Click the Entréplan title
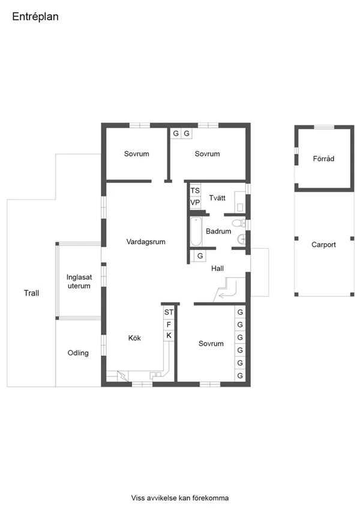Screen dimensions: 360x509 (x=35, y=17)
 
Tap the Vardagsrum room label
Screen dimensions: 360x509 (x=146, y=242)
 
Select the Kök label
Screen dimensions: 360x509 (x=134, y=338)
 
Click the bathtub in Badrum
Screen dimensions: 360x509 (x=196, y=231)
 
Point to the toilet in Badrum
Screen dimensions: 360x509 (x=238, y=223)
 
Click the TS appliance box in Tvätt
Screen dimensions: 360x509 (x=195, y=191)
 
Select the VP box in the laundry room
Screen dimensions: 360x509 (x=195, y=203)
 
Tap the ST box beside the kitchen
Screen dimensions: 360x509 (x=169, y=312)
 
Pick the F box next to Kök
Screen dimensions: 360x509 (x=169, y=324)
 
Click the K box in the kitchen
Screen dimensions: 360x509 (x=169, y=336)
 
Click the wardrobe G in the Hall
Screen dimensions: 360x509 (x=200, y=256)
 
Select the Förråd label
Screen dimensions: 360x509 (x=323, y=159)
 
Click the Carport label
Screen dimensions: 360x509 (x=323, y=245)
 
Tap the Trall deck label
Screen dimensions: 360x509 (x=31, y=293)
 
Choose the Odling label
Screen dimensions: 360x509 (x=78, y=353)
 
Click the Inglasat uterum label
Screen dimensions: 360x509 (x=79, y=281)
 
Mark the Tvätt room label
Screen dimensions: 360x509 (x=217, y=198)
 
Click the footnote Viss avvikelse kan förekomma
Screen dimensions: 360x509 (x=179, y=498)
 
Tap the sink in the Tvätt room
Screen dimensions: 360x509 (x=240, y=207)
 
